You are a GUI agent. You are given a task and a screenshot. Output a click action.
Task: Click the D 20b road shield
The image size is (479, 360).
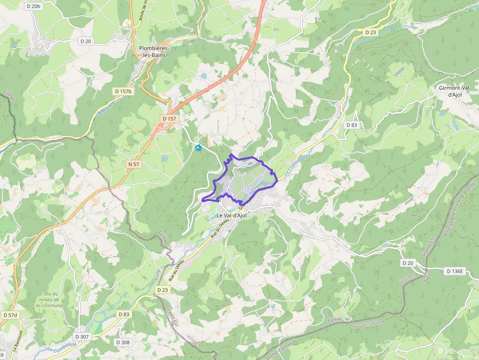pyautogui.click(x=33, y=6)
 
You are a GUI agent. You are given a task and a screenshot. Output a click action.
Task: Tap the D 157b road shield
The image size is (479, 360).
pyautogui.click(x=123, y=91)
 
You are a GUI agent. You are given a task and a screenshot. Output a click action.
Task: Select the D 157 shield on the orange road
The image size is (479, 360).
pyautogui.click(x=169, y=119)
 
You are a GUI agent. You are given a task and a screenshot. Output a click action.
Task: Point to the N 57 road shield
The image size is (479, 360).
pyautogui.click(x=133, y=165)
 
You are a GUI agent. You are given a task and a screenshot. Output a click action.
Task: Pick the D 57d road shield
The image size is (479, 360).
pyautogui.click(x=9, y=315)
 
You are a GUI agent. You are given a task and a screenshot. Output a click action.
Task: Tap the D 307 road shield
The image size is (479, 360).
pyautogui.click(x=82, y=337)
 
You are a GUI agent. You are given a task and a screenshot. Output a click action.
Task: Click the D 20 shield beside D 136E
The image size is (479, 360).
pyautogui.click(x=408, y=263)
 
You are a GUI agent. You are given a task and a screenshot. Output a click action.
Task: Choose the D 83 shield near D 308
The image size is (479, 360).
pyautogui.click(x=124, y=314)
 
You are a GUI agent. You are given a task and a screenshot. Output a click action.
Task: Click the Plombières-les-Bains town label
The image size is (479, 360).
pyautogui.click(x=154, y=52)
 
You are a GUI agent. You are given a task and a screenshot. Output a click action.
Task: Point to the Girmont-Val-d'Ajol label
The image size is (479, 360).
pyautogui.click(x=455, y=91)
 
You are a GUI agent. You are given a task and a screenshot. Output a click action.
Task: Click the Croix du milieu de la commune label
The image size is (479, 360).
pyautogui.click(x=49, y=299)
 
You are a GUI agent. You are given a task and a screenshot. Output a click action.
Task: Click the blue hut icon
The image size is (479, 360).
pyautogui.click(x=198, y=148)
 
